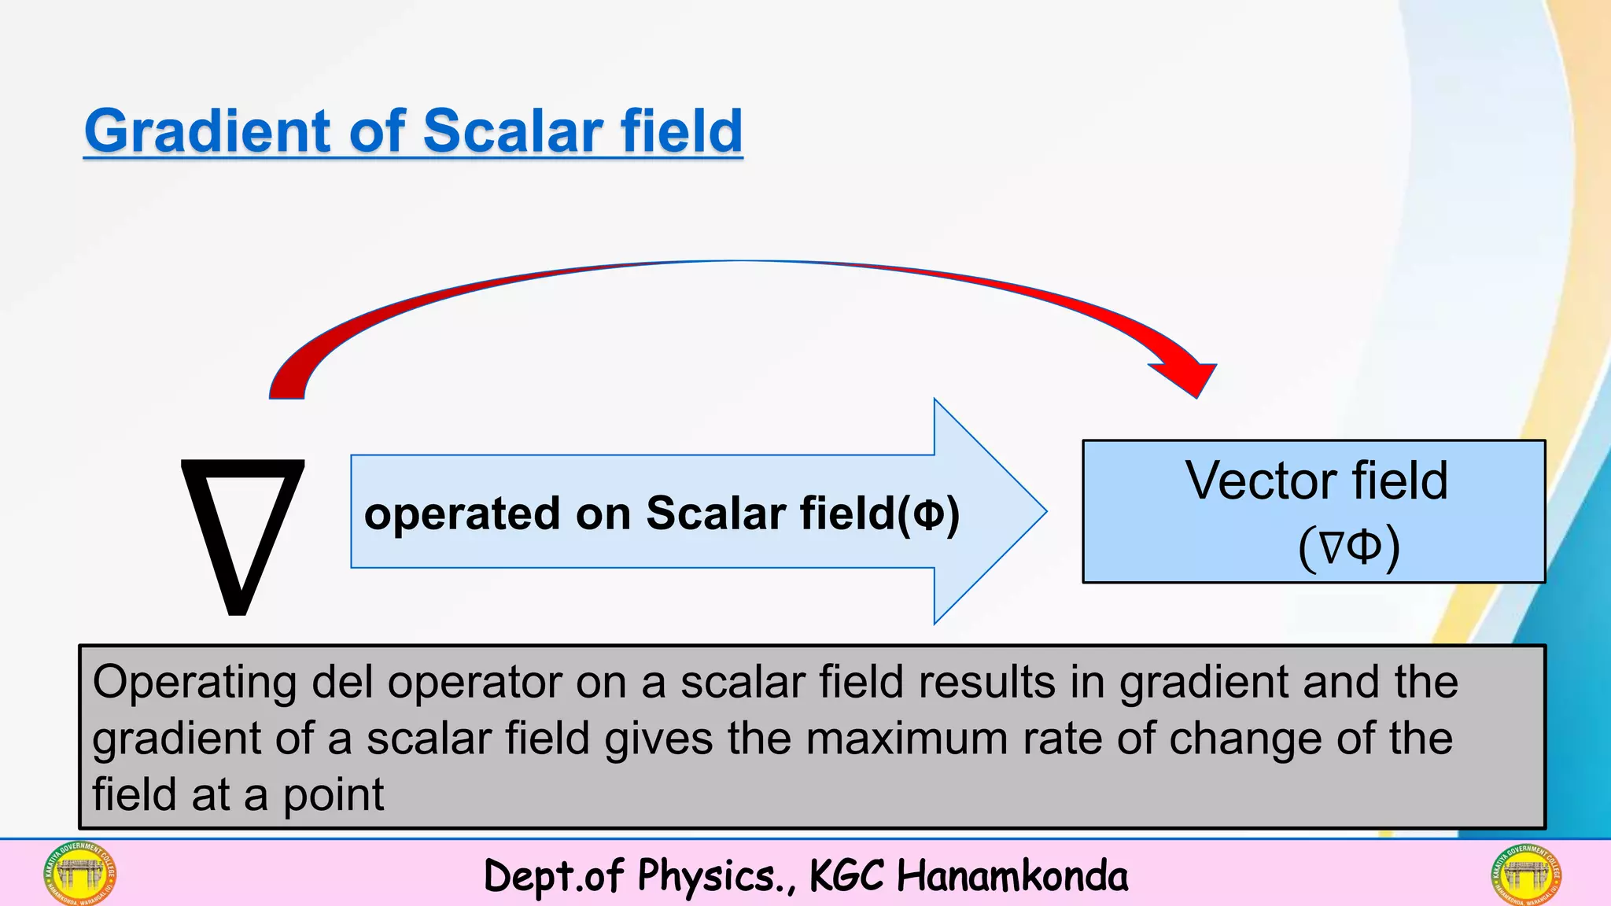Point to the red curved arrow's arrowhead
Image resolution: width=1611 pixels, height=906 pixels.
pos(1188,377)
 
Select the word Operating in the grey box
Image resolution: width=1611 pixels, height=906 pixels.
pos(194,683)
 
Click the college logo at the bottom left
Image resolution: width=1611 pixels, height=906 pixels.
pos(79,873)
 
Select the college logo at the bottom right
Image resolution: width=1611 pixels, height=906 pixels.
pos(1525,873)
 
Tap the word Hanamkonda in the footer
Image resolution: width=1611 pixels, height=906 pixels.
pos(1012,876)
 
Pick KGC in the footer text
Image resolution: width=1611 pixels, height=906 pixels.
pos(846,876)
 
